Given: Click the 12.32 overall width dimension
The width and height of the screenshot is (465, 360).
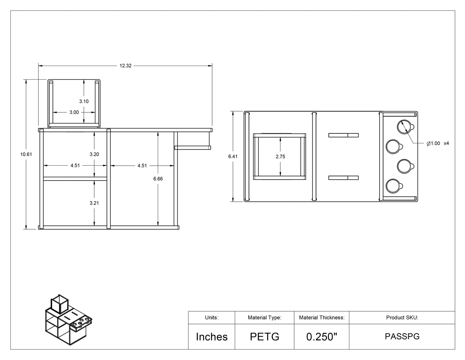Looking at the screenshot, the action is [125, 66].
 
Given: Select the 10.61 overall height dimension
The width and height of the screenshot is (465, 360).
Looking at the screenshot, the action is [26, 154].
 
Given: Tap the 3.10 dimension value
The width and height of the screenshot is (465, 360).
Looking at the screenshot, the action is [84, 101].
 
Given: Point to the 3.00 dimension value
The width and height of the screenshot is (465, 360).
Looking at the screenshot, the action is [74, 112].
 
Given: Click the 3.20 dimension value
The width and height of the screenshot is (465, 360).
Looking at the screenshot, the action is [94, 154].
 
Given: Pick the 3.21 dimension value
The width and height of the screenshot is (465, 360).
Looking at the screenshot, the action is [94, 203].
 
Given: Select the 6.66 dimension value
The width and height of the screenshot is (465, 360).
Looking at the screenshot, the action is [158, 179].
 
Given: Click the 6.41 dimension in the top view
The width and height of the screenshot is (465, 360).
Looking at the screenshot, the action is [233, 156].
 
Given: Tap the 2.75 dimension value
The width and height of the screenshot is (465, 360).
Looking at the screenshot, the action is [280, 156].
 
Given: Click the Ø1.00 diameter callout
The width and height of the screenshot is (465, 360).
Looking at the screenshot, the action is [433, 143].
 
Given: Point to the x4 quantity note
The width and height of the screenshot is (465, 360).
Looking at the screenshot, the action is [446, 143].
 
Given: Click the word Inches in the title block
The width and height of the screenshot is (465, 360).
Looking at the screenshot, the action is [212, 337].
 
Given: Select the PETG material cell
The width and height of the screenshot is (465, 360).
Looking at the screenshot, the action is [265, 337].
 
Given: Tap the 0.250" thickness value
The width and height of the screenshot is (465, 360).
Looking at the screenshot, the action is [322, 337].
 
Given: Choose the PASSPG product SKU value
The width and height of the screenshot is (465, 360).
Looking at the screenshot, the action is [402, 337].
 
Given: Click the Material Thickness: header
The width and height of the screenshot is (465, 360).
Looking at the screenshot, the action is [322, 317].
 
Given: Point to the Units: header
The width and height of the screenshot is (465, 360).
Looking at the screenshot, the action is [212, 317].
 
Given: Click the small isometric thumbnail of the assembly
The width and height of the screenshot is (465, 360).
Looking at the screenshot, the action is [69, 320].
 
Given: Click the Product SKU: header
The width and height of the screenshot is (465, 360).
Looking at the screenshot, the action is [402, 317].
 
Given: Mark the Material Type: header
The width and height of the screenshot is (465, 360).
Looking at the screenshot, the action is [265, 317].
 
